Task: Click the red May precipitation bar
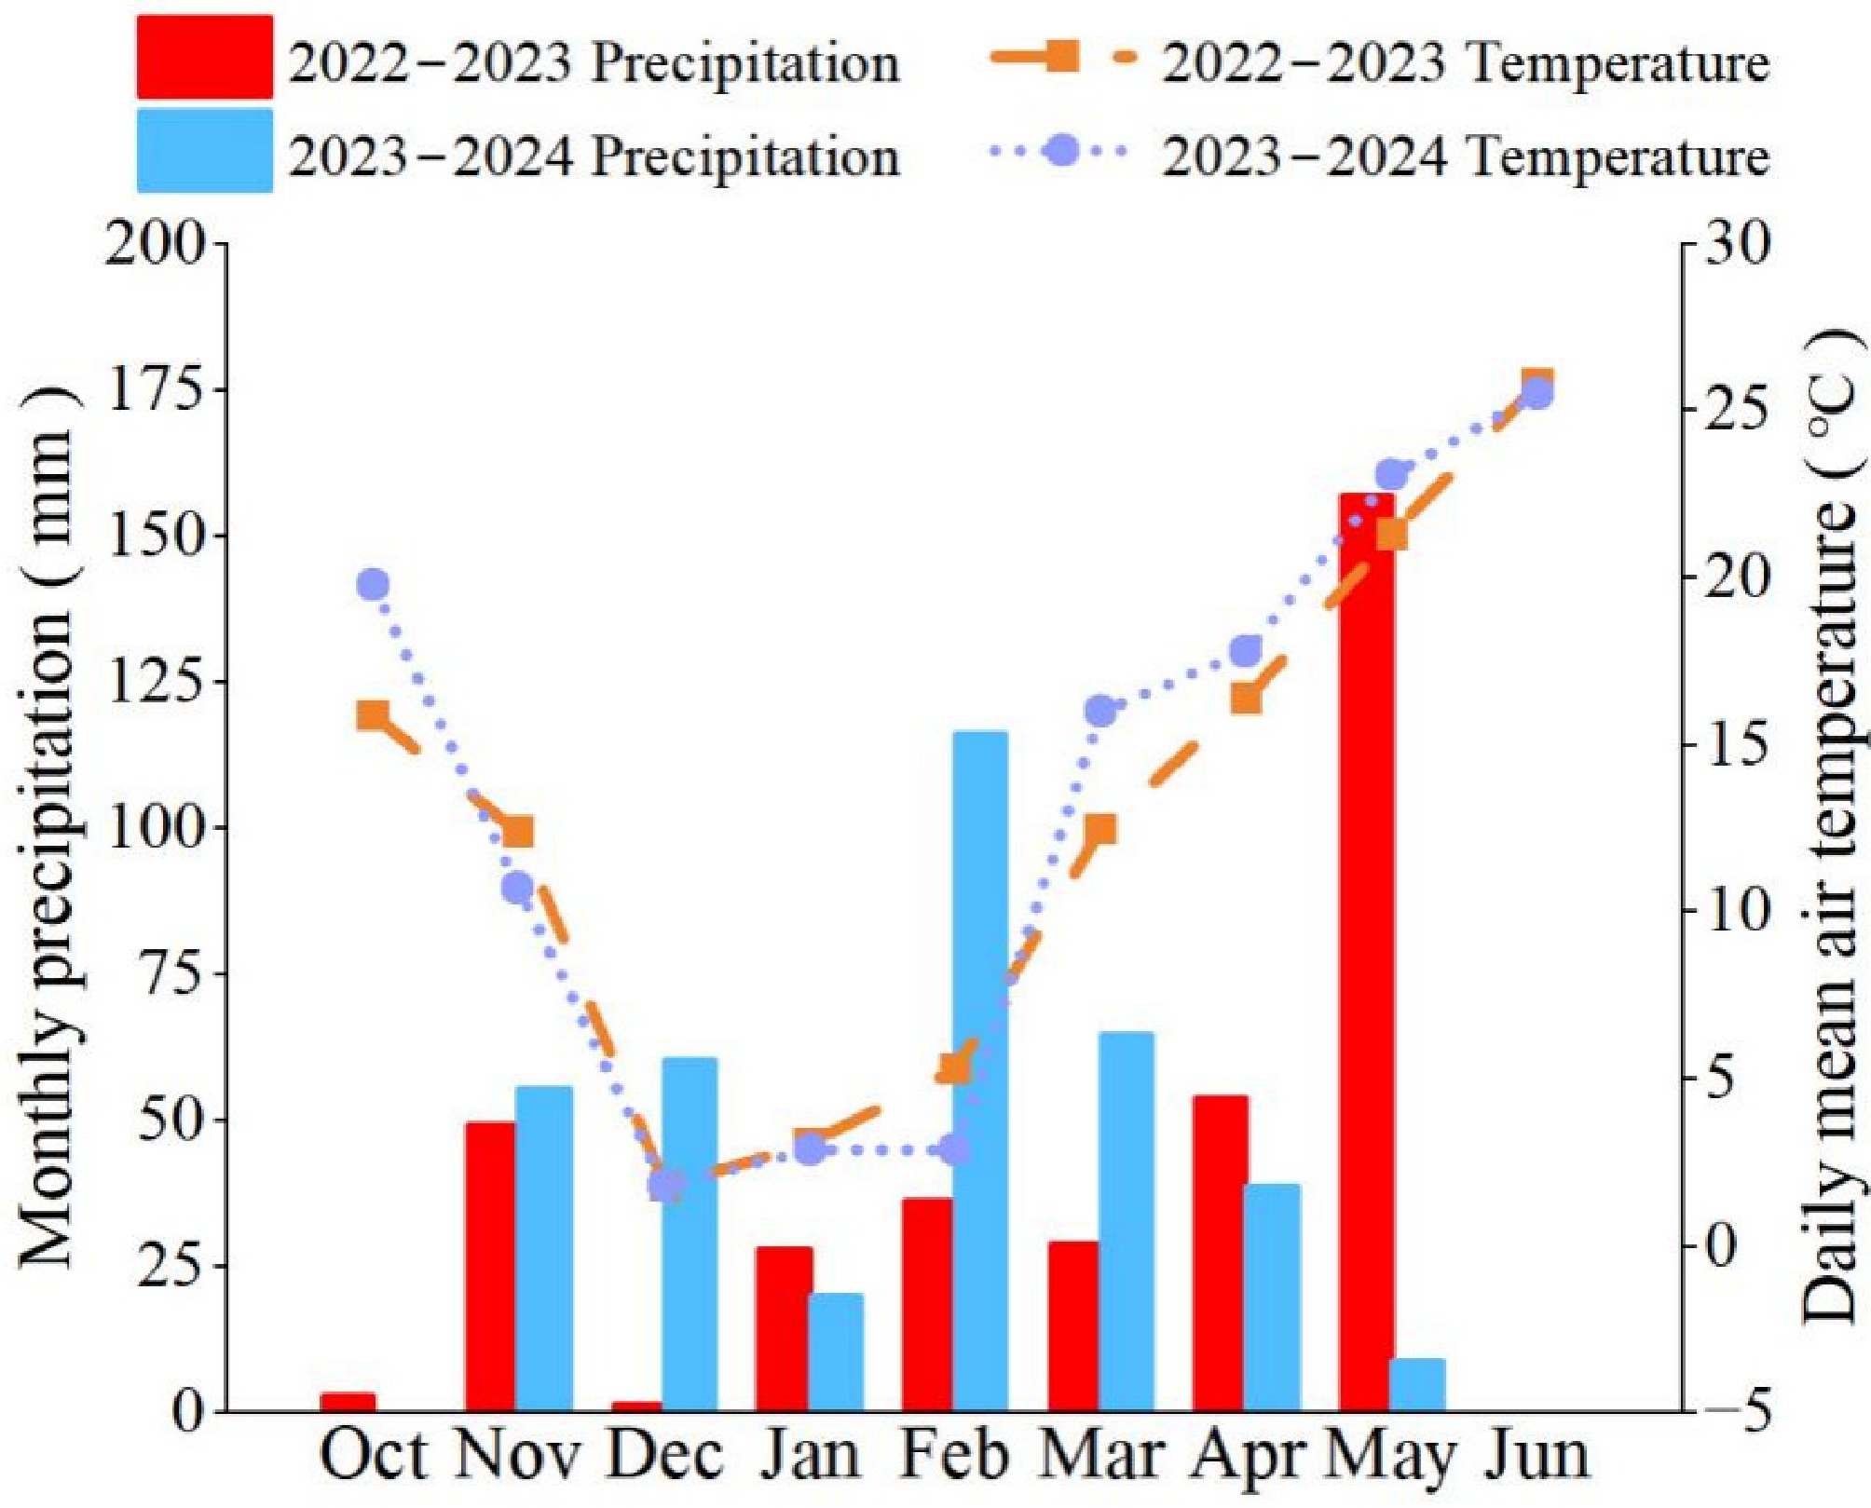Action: [x=1366, y=950]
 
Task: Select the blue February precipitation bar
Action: [x=980, y=1071]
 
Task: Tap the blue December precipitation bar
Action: [x=690, y=1234]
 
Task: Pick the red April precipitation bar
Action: [x=1220, y=1253]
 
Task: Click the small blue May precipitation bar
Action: [x=1417, y=1385]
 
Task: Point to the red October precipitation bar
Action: [x=348, y=1401]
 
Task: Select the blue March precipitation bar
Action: [x=1127, y=1221]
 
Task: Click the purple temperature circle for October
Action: [x=373, y=585]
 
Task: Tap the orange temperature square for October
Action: [x=373, y=715]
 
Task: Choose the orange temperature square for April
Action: [x=1246, y=699]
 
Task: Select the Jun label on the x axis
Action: [x=1536, y=1455]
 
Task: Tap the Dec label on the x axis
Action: [x=664, y=1455]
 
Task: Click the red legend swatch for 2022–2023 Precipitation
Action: [x=205, y=58]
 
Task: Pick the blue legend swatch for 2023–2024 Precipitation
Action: [x=205, y=151]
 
